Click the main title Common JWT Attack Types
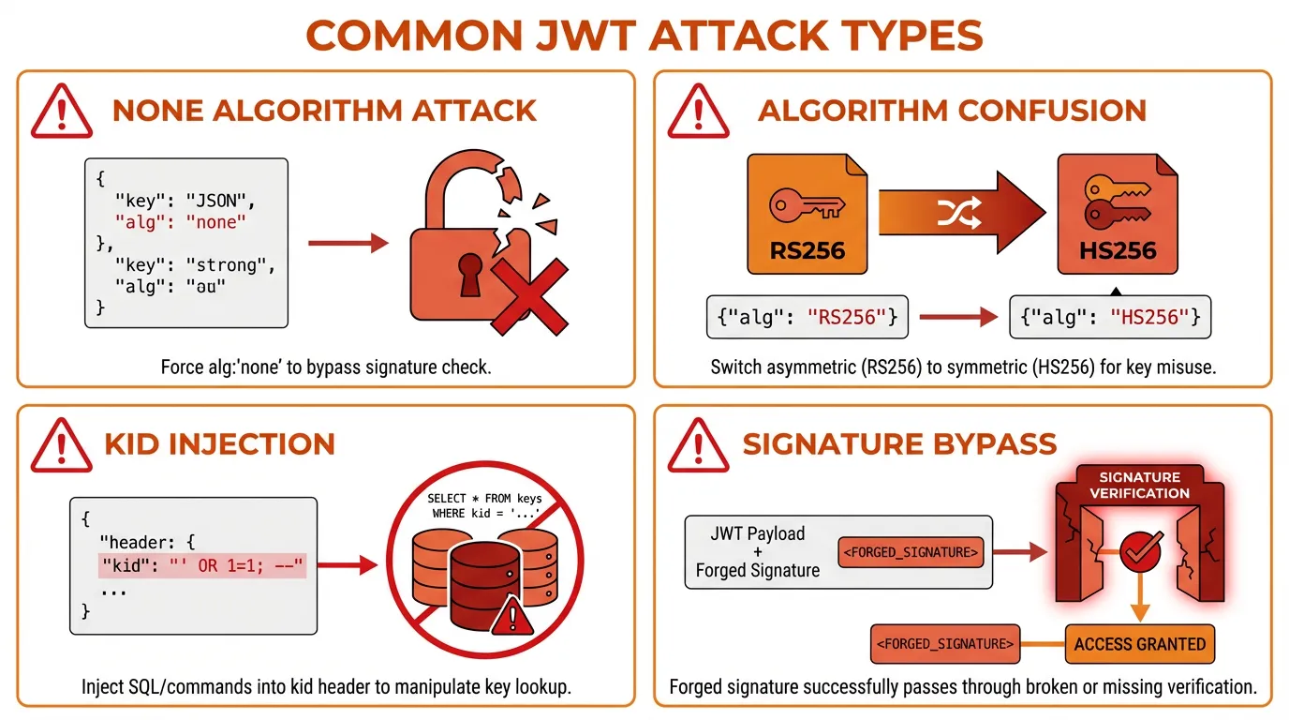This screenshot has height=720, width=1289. (x=644, y=35)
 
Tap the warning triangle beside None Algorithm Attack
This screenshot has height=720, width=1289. (x=62, y=111)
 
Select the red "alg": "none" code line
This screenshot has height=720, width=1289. (x=181, y=222)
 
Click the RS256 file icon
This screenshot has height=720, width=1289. (x=807, y=214)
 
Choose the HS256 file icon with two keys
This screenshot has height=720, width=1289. (x=1118, y=214)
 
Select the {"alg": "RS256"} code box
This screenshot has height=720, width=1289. (x=807, y=318)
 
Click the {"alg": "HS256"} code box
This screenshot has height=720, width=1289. (x=1110, y=318)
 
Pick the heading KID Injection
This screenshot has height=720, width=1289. (x=219, y=443)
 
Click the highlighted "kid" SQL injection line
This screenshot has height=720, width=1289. (x=202, y=566)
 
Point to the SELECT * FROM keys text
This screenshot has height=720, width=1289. (x=484, y=498)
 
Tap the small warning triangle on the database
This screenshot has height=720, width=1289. (x=511, y=616)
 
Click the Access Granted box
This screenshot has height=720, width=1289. (x=1139, y=644)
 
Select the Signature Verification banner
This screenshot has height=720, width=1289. (x=1139, y=485)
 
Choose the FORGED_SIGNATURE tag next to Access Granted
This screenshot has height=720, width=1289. (x=944, y=644)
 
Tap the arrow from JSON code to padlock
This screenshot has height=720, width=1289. (x=348, y=244)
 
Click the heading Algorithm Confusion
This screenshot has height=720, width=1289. (x=952, y=111)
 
